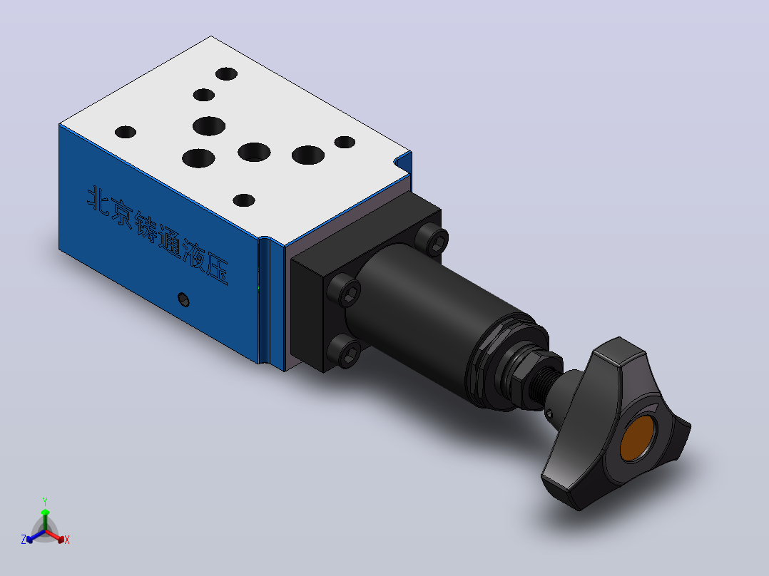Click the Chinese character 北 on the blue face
pyautogui.click(x=98, y=200)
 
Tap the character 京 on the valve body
pyautogui.click(x=121, y=213)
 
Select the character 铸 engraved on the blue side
pyautogui.click(x=146, y=227)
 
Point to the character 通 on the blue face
pyautogui.click(x=169, y=241)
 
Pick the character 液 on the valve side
pyautogui.click(x=193, y=255)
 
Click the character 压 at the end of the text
pyautogui.click(x=217, y=269)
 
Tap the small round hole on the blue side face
pyautogui.click(x=183, y=299)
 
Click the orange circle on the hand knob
pyautogui.click(x=637, y=438)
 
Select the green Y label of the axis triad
pyautogui.click(x=45, y=501)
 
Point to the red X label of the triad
pyautogui.click(x=67, y=540)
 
